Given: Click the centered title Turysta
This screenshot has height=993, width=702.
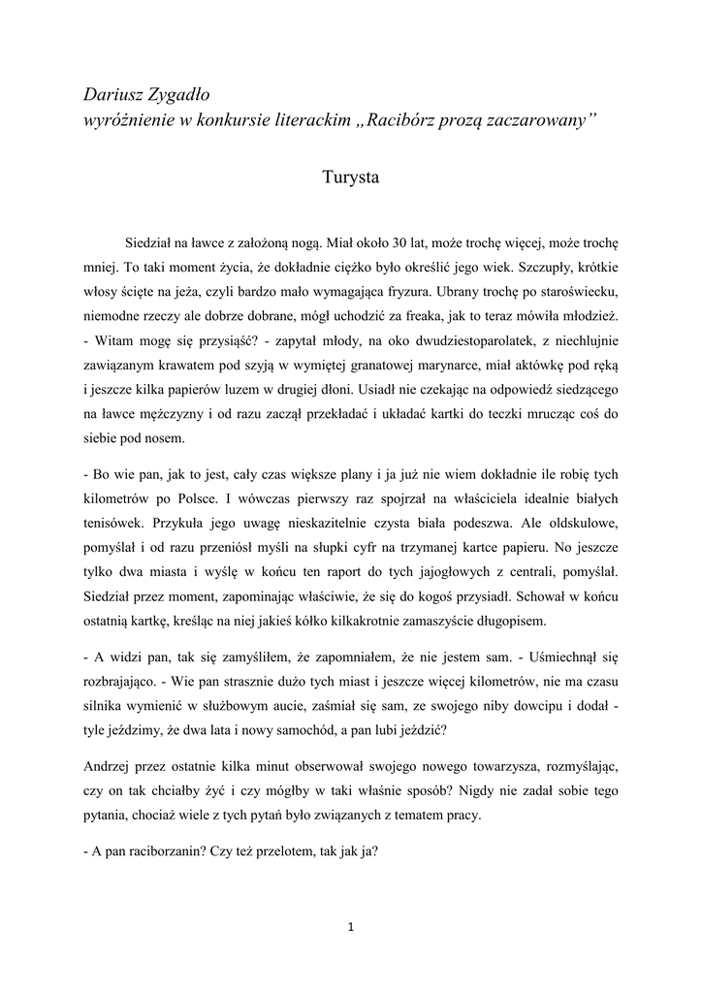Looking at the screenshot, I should click(x=351, y=178).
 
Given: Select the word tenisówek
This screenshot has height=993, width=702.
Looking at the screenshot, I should click(x=112, y=524).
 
